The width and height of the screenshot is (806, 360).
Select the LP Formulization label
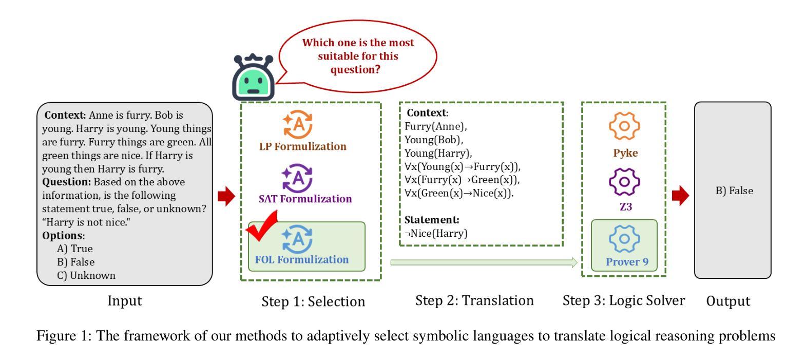click(302, 146)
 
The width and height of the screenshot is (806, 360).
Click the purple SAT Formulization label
click(305, 199)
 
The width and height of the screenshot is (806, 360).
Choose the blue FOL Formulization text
click(302, 259)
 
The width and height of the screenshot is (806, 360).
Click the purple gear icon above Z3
click(624, 182)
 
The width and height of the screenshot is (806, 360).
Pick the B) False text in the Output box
click(734, 191)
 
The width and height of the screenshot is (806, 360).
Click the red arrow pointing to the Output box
click(681, 196)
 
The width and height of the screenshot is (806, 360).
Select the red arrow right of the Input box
click(226, 196)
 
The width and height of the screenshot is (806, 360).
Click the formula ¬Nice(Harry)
click(436, 233)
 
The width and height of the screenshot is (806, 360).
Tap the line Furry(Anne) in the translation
click(435, 126)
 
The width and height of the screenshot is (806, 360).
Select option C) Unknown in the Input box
click(86, 275)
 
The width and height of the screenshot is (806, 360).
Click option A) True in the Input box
click(75, 249)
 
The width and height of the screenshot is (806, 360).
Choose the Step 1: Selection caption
click(313, 301)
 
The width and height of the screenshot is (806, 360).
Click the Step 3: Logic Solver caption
click(623, 300)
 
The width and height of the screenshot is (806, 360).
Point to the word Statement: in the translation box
click(432, 220)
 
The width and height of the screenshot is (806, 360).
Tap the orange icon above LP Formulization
click(298, 124)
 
